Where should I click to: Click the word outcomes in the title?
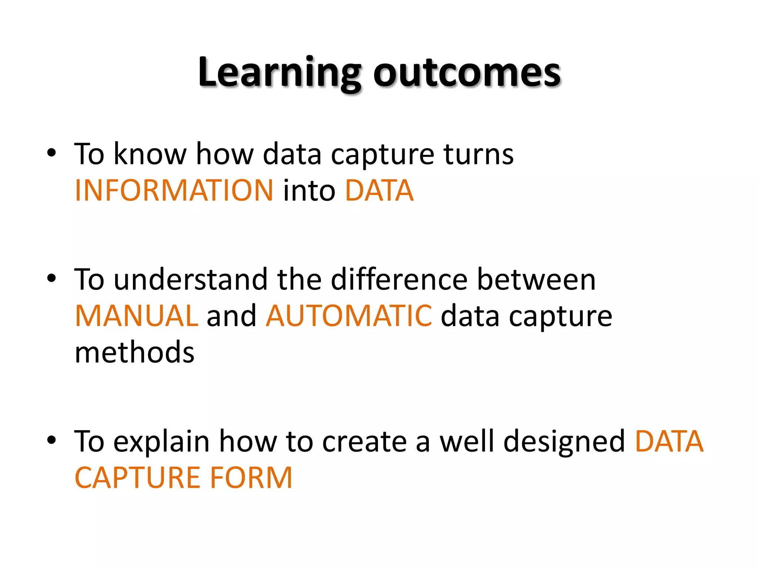467,73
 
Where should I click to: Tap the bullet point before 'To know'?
51,153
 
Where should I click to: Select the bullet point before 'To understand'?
51,278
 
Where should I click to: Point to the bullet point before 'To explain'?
51,440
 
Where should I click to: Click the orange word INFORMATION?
174,190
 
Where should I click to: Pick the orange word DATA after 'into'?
379,190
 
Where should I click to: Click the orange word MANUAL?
137,316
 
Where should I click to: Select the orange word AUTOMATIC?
349,316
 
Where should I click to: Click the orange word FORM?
251,478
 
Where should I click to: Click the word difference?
399,279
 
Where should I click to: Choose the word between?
536,279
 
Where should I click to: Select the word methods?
134,352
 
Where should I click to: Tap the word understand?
190,279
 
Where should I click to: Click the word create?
365,442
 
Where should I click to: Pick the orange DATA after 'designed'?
669,442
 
